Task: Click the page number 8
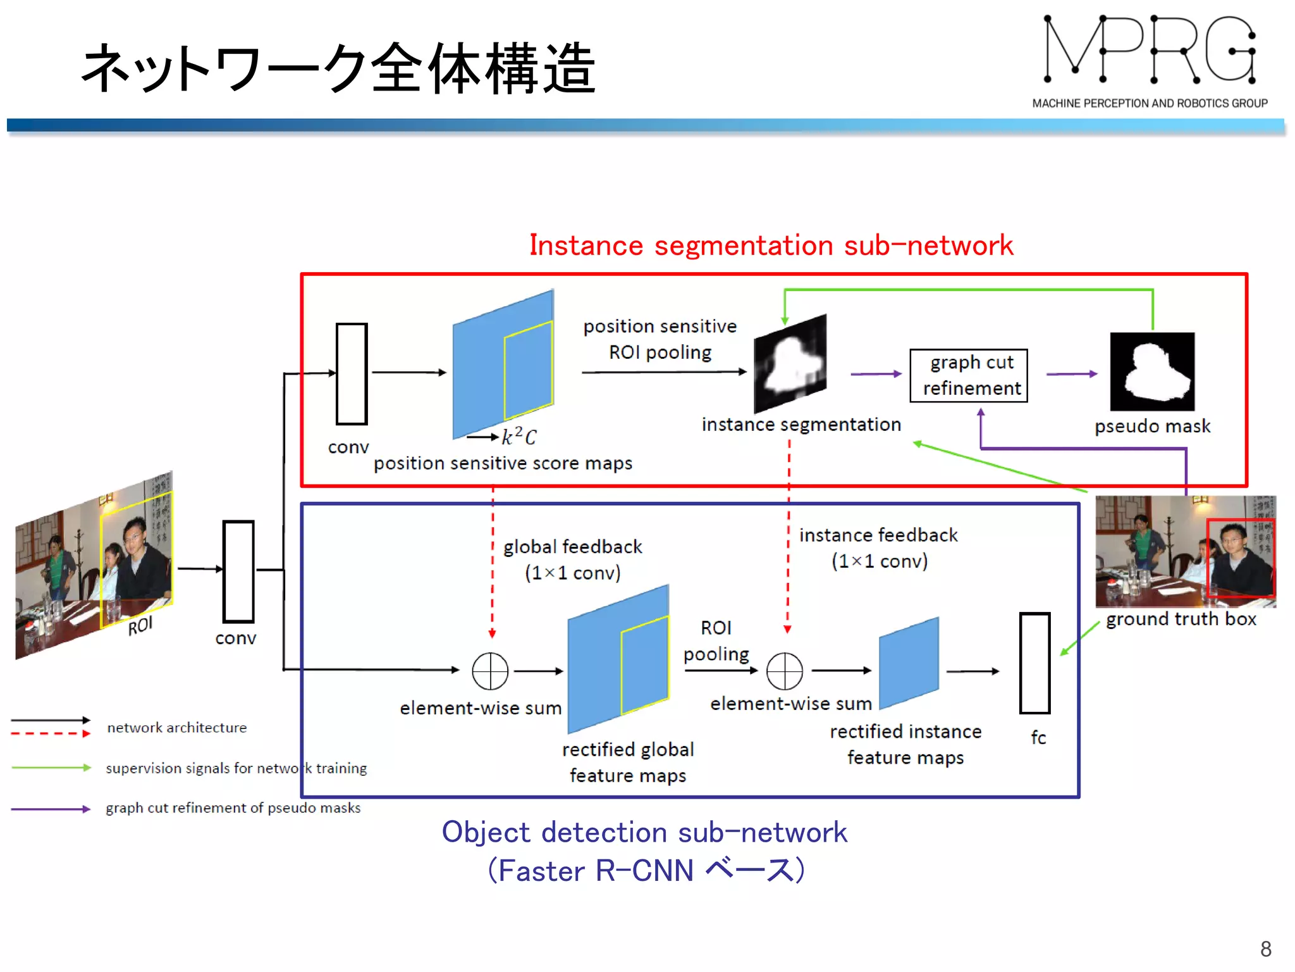pos(1265,949)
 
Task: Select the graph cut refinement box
pos(968,375)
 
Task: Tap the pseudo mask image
pos(1152,372)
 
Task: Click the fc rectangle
pos(1034,663)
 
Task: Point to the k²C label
pos(519,436)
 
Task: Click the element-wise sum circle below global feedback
pos(490,671)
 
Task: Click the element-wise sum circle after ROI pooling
pos(784,671)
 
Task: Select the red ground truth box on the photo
pos(1240,558)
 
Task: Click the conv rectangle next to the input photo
pos(238,571)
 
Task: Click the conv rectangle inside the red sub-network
pos(352,373)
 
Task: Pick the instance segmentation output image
pos(790,364)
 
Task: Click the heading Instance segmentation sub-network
pos(771,246)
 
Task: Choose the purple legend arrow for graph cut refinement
pos(51,809)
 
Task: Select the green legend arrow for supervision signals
pos(51,768)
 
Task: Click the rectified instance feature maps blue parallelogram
pos(909,663)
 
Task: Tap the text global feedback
pos(572,547)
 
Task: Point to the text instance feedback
pos(878,535)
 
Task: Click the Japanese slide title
pos(339,68)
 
